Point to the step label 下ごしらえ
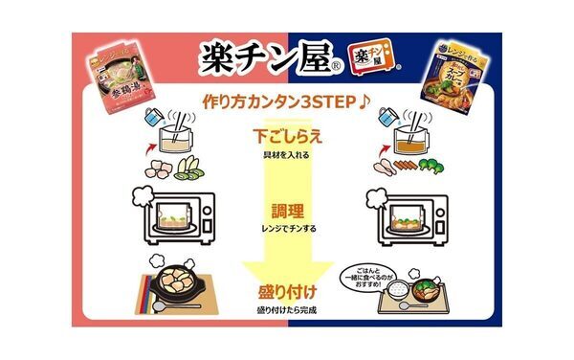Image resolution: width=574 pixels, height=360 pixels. coord(288,137)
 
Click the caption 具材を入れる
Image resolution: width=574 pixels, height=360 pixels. coord(288,154)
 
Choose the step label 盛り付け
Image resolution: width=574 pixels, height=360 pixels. coord(288,292)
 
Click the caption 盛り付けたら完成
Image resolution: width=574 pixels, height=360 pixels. coord(288,310)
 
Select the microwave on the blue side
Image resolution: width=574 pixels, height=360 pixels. coord(407,215)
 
